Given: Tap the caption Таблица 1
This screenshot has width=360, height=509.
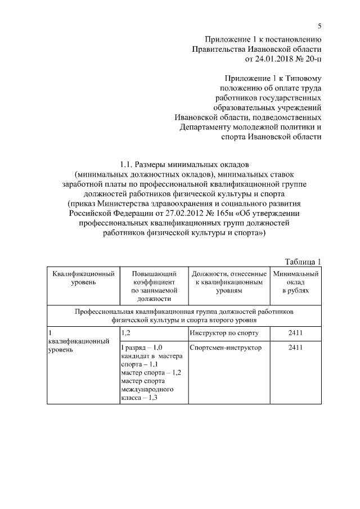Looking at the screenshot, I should point(303,261).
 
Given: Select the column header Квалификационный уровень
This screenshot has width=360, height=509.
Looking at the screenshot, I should point(83,278).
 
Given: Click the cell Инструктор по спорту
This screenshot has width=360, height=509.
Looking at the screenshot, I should point(224,332).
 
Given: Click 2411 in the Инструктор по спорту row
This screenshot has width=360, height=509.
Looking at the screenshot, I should point(295,332).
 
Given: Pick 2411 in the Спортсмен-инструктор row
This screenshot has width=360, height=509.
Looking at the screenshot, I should point(295,348).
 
